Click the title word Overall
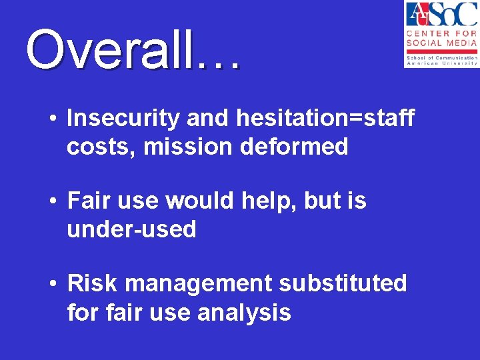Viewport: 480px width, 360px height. click(110, 50)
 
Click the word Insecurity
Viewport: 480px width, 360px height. click(123, 119)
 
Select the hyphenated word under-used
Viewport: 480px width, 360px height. click(131, 229)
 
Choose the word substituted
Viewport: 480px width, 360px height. click(343, 283)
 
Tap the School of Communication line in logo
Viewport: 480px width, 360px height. click(441, 58)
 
